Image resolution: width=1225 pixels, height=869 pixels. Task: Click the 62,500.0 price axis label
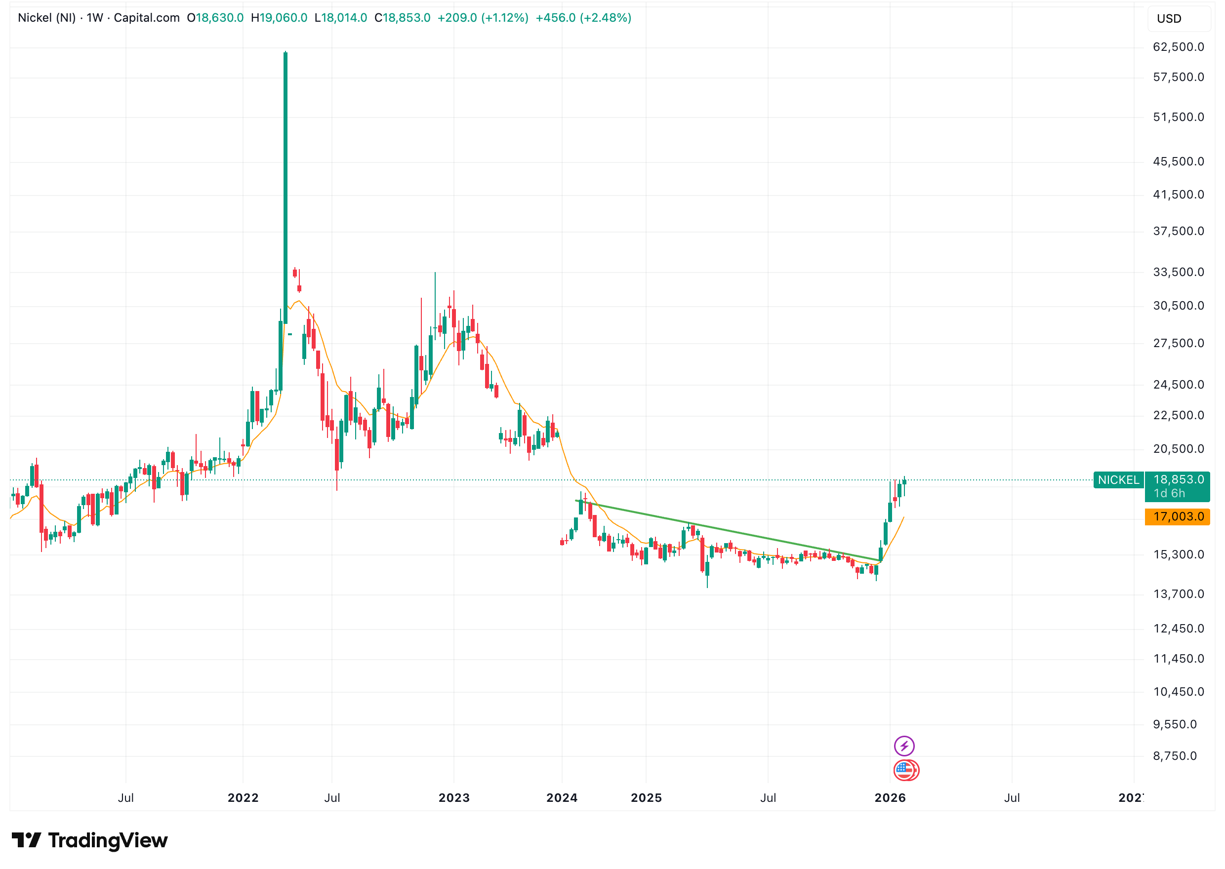[x=1178, y=47]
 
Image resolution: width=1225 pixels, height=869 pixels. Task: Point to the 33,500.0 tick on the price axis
[x=1178, y=273]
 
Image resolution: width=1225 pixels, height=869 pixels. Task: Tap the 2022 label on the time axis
[x=243, y=798]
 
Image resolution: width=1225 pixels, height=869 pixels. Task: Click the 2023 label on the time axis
[x=454, y=798]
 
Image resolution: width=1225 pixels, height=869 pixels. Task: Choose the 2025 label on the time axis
[x=646, y=798]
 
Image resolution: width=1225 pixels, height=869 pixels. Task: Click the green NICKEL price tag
[x=1118, y=480]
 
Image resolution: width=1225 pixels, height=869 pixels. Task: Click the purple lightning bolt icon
[x=904, y=746]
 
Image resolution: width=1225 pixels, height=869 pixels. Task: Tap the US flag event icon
[x=904, y=770]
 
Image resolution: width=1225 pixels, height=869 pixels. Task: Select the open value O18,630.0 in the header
[x=215, y=18]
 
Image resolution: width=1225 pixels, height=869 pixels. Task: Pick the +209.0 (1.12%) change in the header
[x=483, y=18]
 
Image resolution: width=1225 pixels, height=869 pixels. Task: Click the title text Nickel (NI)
[x=46, y=18]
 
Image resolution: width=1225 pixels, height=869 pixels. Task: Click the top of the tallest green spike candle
[x=285, y=53]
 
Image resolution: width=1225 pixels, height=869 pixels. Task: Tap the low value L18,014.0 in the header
[x=341, y=18]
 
